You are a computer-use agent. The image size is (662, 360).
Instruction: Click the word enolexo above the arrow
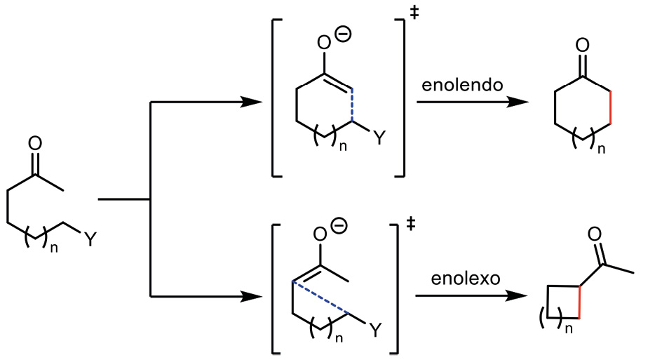tap(460, 278)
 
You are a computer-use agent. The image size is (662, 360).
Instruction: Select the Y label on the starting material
tap(89, 240)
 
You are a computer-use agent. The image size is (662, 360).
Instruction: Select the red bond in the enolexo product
tap(580, 302)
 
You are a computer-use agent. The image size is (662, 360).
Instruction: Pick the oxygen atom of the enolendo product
tap(581, 46)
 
